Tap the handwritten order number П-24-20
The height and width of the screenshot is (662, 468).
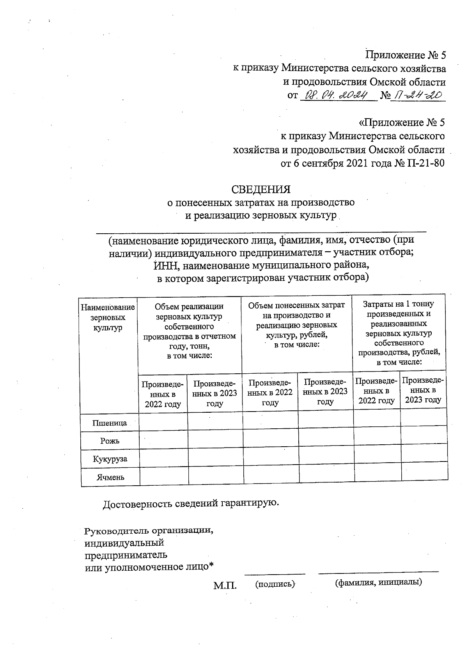pos(418,95)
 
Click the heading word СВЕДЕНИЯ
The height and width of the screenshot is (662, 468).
pos(261,190)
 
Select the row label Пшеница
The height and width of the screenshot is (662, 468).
pos(110,423)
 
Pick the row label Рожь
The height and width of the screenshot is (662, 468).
pos(110,441)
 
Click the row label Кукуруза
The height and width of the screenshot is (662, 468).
pos(110,459)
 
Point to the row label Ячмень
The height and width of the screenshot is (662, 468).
pos(110,477)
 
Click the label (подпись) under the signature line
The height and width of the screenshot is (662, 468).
pos(275,584)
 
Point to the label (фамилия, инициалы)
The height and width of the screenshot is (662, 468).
pos(379,582)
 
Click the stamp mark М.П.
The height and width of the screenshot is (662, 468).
pos(225,586)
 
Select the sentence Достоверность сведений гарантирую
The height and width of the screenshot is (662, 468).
pos(191,504)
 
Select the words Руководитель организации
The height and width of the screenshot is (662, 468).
pos(149,531)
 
